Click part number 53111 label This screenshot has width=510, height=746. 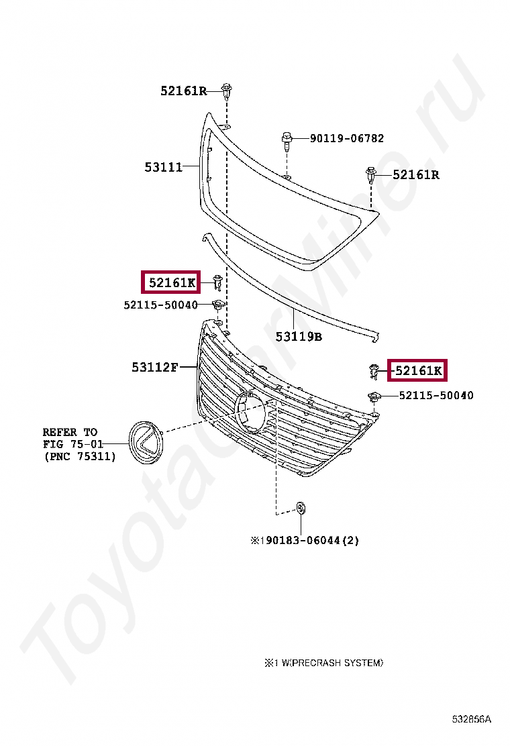click(164, 167)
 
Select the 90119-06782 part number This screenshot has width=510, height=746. click(347, 138)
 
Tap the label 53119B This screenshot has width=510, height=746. click(299, 337)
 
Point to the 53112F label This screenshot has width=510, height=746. click(155, 367)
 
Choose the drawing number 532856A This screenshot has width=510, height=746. click(471, 719)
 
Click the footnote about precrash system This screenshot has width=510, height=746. click(323, 663)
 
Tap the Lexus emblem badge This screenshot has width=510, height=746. click(145, 442)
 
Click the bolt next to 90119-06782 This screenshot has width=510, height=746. click(286, 141)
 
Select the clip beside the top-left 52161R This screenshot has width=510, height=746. click(227, 91)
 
